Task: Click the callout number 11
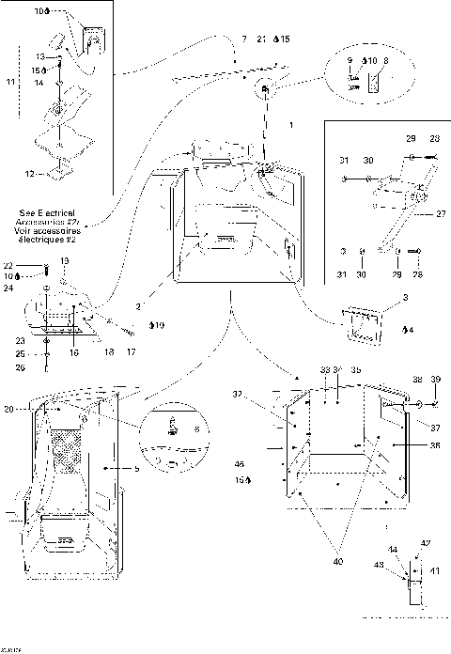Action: point(11,84)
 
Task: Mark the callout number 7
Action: point(243,39)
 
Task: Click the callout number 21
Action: point(260,39)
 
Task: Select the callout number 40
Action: point(337,561)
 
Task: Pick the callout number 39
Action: point(435,380)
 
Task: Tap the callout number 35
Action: point(356,371)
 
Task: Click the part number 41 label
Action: point(434,570)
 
